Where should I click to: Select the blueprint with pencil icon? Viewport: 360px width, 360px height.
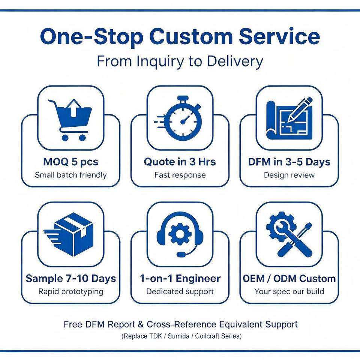pyautogui.click(x=289, y=119)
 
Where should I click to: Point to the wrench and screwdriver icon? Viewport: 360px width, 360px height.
pyautogui.click(x=289, y=234)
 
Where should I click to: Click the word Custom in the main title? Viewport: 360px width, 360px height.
pyautogui.click(x=191, y=37)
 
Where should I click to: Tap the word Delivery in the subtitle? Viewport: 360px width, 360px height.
pyautogui.click(x=235, y=61)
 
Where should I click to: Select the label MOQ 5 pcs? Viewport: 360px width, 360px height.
pyautogui.click(x=71, y=162)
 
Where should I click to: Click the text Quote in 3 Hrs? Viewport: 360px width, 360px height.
pyautogui.click(x=180, y=162)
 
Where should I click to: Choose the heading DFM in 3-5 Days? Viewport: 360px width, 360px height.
pyautogui.click(x=289, y=162)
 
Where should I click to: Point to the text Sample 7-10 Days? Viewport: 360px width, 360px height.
pyautogui.click(x=71, y=279)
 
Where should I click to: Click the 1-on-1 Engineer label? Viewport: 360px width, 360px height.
pyautogui.click(x=180, y=279)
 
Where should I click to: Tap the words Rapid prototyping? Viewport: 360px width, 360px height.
pyautogui.click(x=71, y=292)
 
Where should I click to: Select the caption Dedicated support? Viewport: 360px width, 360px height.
pyautogui.click(x=180, y=291)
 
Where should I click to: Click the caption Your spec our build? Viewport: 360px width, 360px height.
pyautogui.click(x=289, y=292)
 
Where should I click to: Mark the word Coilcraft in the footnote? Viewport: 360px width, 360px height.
pyautogui.click(x=209, y=336)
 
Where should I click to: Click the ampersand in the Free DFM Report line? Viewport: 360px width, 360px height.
pyautogui.click(x=141, y=324)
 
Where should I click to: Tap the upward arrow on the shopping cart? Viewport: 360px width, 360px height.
pyautogui.click(x=73, y=108)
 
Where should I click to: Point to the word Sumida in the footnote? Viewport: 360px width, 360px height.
pyautogui.click(x=178, y=336)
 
